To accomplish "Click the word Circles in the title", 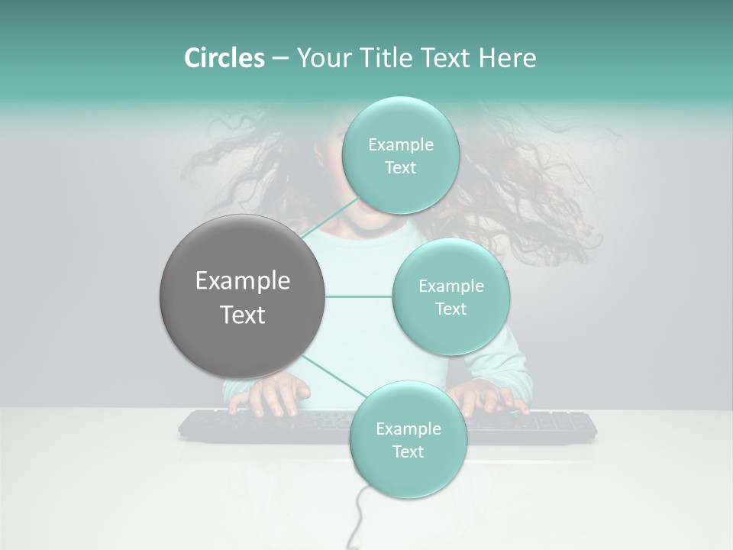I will coord(224,58).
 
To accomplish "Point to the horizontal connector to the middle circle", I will coord(359,296).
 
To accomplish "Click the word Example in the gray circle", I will coord(242,281).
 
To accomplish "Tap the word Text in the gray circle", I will coord(242,315).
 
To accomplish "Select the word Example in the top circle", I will coord(400,145).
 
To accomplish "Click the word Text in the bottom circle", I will coord(408,451).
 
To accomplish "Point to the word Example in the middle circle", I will coord(450,286).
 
